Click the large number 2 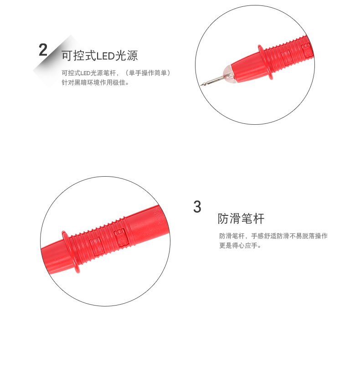43,50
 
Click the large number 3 197,207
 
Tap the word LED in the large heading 105,56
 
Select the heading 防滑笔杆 241,219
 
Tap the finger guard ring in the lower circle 70,252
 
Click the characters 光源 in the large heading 127,56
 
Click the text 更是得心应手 238,245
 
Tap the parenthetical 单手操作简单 148,73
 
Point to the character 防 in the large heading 223,219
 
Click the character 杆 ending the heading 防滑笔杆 259,219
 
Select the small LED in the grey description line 86,73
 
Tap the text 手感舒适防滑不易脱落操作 289,236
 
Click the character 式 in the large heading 91,56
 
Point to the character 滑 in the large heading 235,219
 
